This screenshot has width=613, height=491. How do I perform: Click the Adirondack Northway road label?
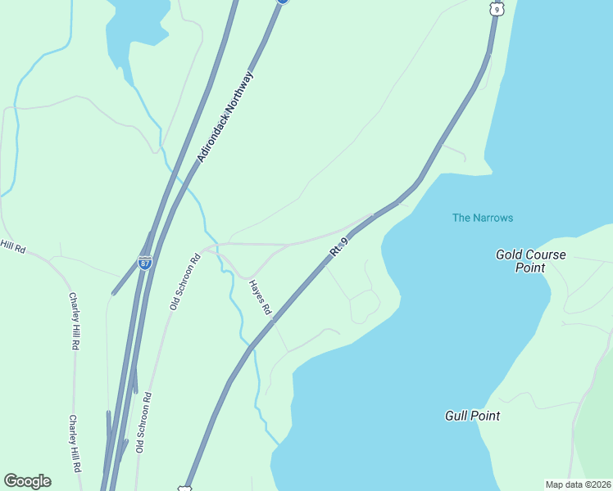pyautogui.click(x=225, y=116)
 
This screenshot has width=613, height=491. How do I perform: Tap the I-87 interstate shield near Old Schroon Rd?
pyautogui.click(x=144, y=264)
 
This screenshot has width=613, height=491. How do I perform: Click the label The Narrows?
pyautogui.click(x=483, y=218)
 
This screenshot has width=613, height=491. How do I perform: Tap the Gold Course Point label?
pyautogui.click(x=530, y=261)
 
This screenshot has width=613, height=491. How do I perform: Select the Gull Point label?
pyautogui.click(x=472, y=416)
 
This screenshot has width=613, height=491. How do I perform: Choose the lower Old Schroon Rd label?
pyautogui.click(x=144, y=422)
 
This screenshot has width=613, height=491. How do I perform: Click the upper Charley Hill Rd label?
pyautogui.click(x=74, y=322)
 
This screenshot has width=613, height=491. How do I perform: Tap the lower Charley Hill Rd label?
pyautogui.click(x=75, y=444)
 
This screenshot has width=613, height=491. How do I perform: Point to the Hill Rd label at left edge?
pyautogui.click(x=13, y=245)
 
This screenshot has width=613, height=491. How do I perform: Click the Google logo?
pyautogui.click(x=27, y=481)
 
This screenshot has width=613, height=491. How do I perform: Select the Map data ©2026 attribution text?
pyautogui.click(x=578, y=484)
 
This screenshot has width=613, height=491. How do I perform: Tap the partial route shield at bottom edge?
pyautogui.click(x=185, y=488)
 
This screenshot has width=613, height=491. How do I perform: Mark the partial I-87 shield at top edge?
pyautogui.click(x=282, y=2)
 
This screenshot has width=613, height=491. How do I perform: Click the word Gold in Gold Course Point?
pyautogui.click(x=509, y=255)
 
